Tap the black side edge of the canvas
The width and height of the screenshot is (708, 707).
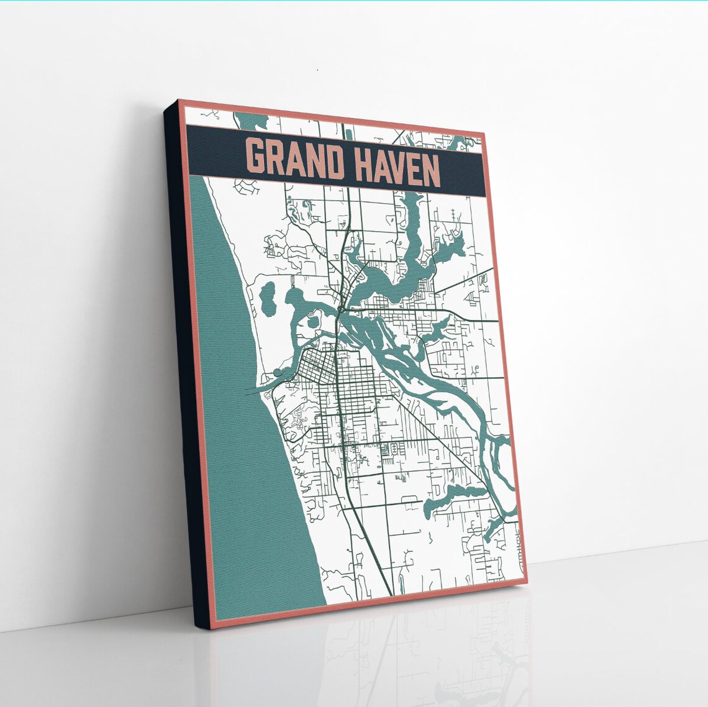184,373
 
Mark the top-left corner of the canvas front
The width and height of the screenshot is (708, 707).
179,101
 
